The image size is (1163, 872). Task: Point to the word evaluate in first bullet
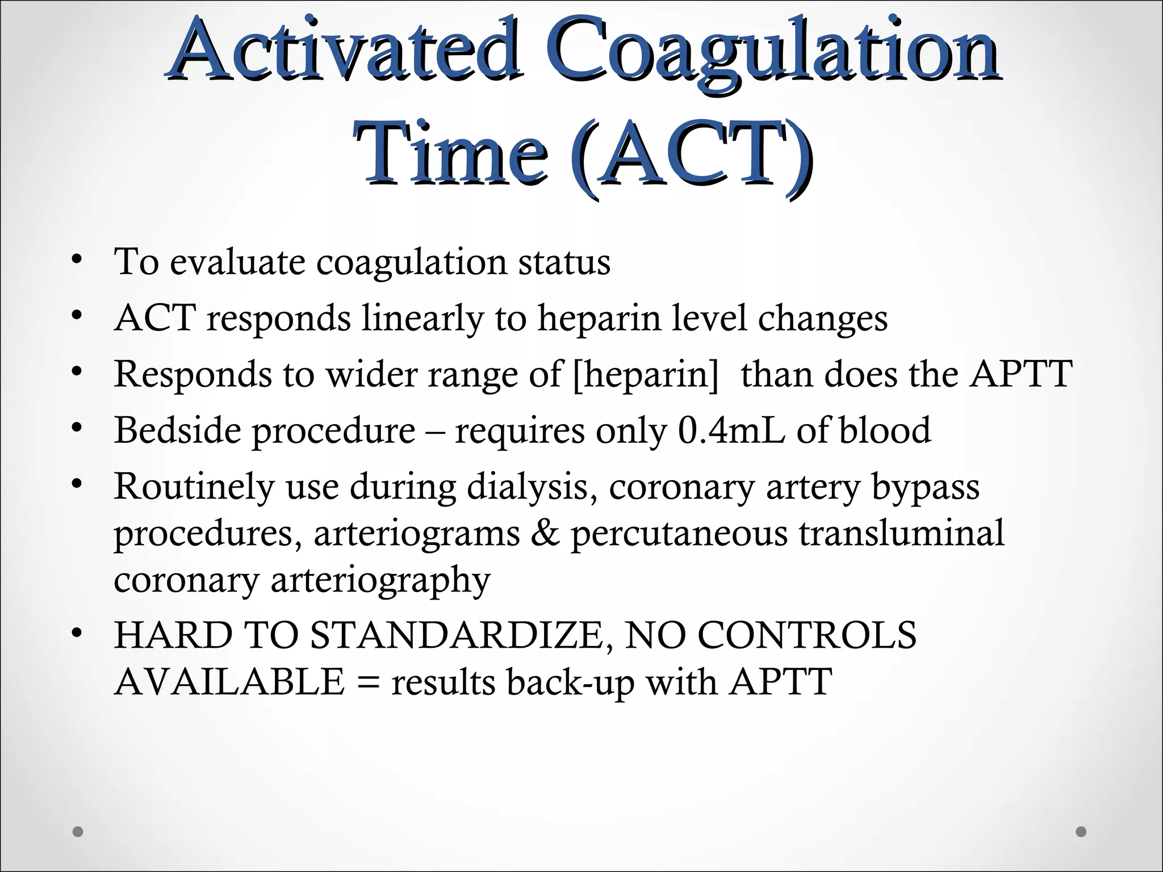237,262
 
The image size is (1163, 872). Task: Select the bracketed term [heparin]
646,375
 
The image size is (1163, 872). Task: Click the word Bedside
177,430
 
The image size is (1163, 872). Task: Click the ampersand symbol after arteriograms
545,534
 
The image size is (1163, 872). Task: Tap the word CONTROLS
806,635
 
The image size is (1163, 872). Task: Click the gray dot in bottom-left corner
78,832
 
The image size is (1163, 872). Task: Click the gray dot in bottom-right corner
1081,832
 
